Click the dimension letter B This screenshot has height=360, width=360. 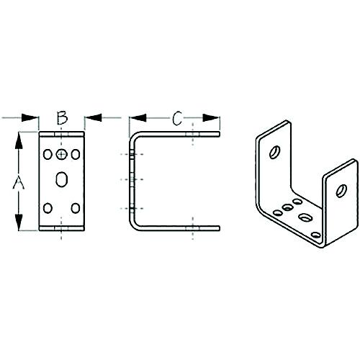(62, 117)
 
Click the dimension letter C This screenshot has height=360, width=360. (176, 119)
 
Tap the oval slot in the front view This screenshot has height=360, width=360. (62, 179)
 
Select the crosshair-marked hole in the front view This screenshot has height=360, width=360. (62, 154)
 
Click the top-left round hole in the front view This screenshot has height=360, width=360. (48, 154)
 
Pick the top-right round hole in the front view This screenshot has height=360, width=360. (76, 154)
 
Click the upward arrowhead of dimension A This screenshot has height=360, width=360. (19, 140)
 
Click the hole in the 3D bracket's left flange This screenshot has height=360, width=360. (274, 153)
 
